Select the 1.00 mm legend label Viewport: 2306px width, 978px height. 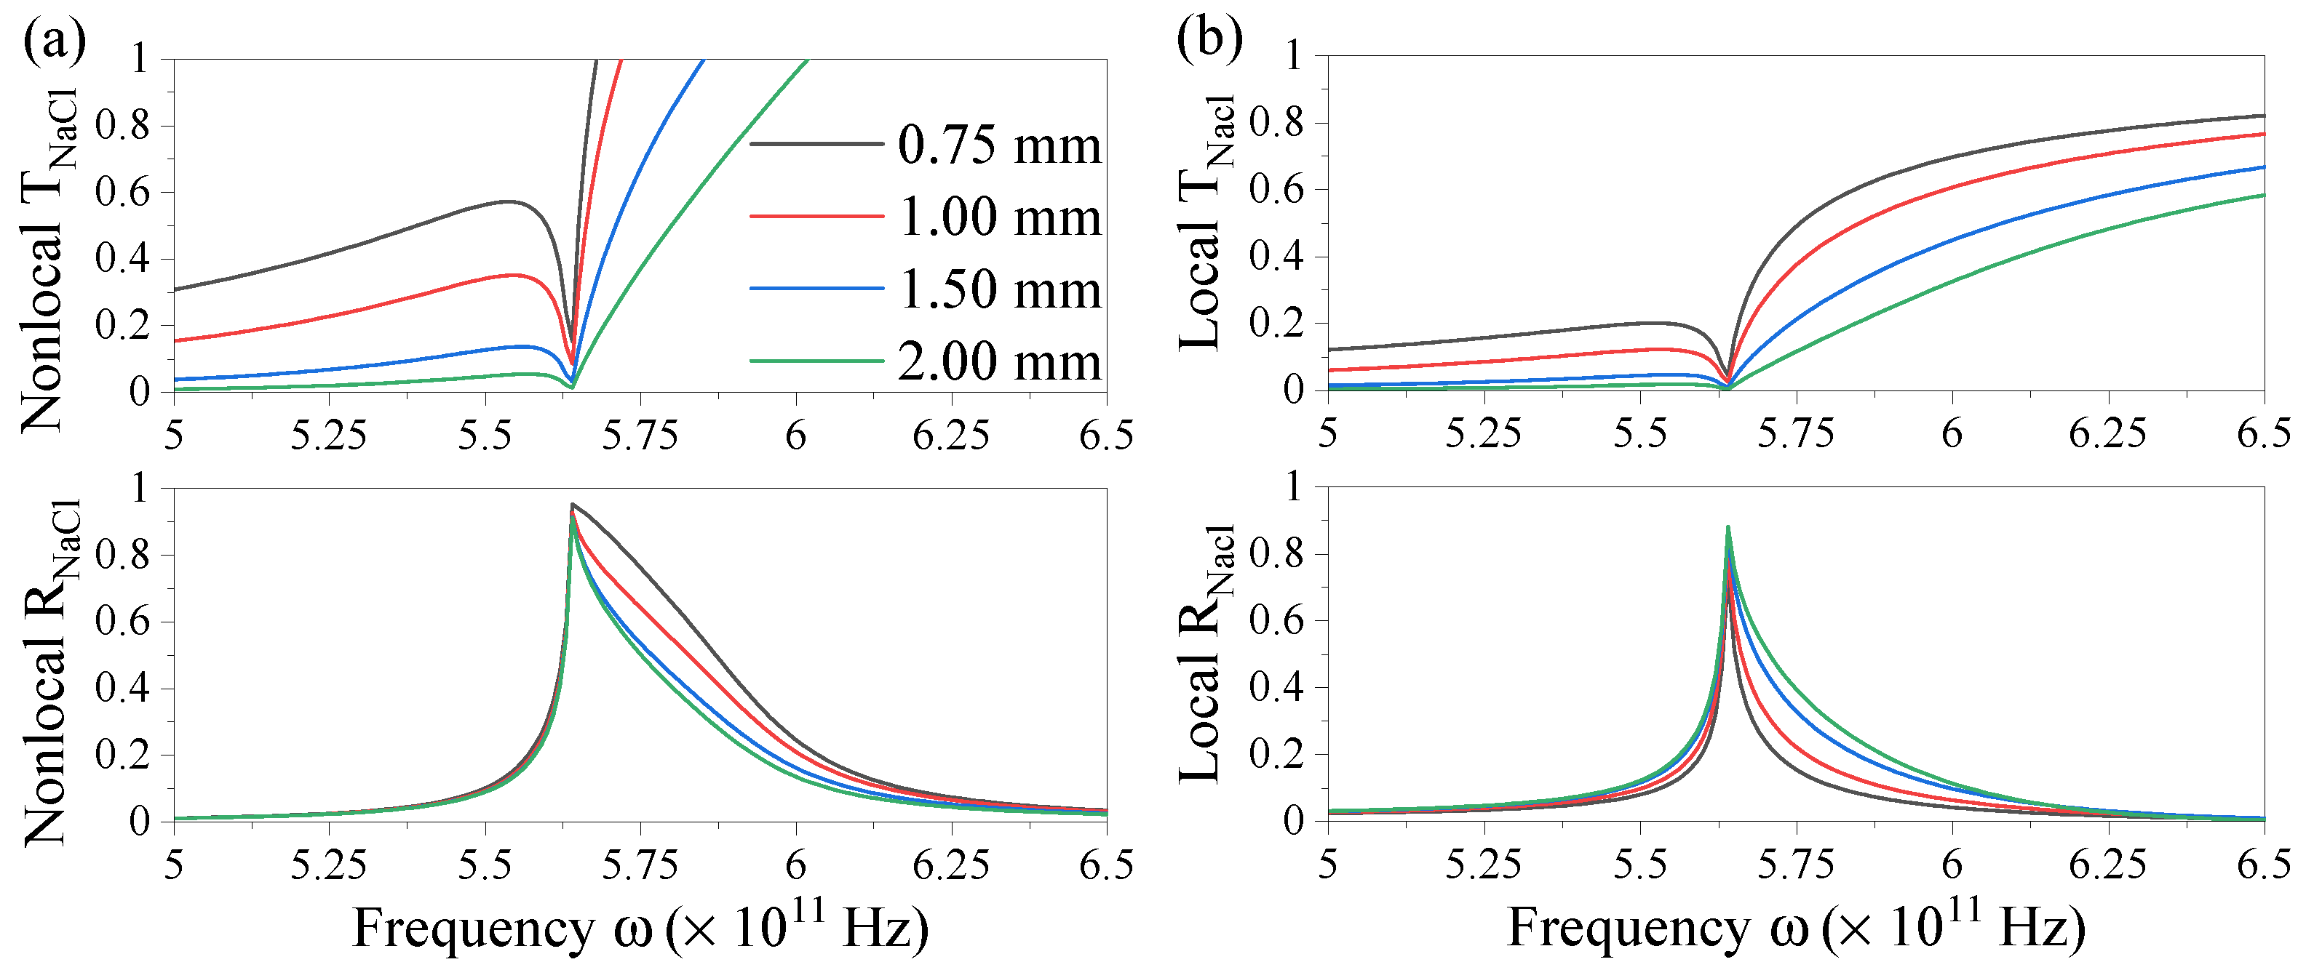(x=998, y=217)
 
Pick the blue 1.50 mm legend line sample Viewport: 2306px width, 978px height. (x=816, y=289)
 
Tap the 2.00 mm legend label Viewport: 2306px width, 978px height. (x=998, y=361)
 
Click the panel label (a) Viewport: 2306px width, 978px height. (x=54, y=40)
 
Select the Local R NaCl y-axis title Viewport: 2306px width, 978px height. (x=1204, y=653)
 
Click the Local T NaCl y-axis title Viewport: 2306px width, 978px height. (x=1204, y=224)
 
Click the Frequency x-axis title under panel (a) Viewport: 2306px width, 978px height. (x=640, y=927)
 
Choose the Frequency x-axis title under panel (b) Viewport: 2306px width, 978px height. (x=1795, y=927)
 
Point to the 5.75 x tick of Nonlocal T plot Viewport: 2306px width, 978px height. (x=639, y=436)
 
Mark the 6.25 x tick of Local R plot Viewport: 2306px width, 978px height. (x=2107, y=865)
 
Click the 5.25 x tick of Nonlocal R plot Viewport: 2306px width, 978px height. (x=328, y=865)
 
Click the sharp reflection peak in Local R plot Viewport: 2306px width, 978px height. (x=1727, y=527)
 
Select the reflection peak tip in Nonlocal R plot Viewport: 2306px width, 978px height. (x=572, y=505)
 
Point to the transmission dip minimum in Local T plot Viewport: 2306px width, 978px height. (x=1727, y=385)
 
